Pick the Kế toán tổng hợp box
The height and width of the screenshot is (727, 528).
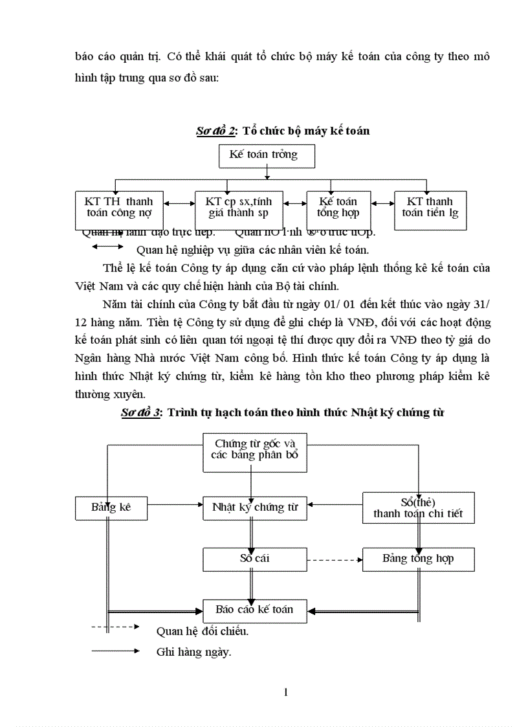click(x=337, y=207)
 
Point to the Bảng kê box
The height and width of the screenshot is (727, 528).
click(x=111, y=508)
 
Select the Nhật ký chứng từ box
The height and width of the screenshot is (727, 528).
click(x=255, y=508)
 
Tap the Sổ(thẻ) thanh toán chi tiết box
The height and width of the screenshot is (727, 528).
click(x=418, y=508)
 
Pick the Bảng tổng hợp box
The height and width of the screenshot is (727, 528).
click(x=418, y=559)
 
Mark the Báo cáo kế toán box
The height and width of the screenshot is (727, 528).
click(x=255, y=610)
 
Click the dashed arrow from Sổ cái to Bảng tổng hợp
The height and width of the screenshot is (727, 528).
click(x=334, y=559)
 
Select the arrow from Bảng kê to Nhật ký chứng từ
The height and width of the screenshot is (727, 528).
click(x=175, y=504)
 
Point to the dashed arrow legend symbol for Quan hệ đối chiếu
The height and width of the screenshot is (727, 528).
click(x=116, y=627)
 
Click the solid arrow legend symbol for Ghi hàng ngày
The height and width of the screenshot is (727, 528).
click(x=116, y=651)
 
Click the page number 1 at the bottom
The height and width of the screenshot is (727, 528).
click(x=285, y=692)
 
